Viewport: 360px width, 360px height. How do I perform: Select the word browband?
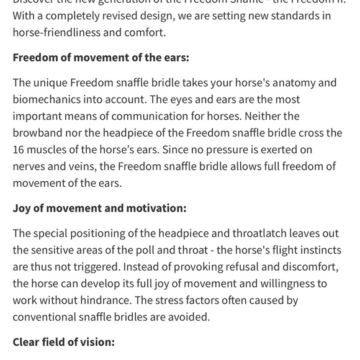click(x=38, y=133)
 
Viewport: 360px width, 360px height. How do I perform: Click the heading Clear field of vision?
click(x=63, y=342)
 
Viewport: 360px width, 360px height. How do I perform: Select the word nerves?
click(x=30, y=166)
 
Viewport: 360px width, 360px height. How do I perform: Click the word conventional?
click(x=46, y=317)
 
